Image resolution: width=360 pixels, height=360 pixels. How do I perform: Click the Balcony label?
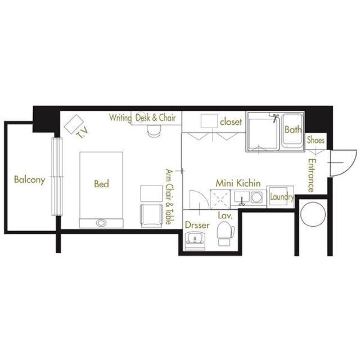pyautogui.click(x=29, y=179)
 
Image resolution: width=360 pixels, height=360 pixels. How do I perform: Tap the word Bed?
pyautogui.click(x=101, y=184)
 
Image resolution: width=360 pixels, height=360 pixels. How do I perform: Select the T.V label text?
pyautogui.click(x=82, y=133)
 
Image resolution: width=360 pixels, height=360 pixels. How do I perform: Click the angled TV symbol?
pyautogui.click(x=74, y=124)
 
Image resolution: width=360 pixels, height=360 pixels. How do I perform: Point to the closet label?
pyautogui.click(x=231, y=121)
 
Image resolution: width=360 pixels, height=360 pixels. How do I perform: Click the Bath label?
pyautogui.click(x=293, y=130)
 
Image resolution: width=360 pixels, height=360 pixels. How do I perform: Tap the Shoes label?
pyautogui.click(x=316, y=140)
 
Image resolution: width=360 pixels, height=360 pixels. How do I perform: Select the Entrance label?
pyautogui.click(x=311, y=175)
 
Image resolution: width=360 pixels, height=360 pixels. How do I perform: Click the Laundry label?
pyautogui.click(x=282, y=197)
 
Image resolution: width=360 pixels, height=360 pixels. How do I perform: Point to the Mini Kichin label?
pyautogui.click(x=238, y=183)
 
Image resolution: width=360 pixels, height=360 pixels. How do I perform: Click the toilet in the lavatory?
pyautogui.click(x=226, y=233)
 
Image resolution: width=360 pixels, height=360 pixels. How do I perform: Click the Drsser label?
pyautogui.click(x=197, y=225)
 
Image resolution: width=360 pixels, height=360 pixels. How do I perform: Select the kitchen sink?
pyautogui.click(x=241, y=198)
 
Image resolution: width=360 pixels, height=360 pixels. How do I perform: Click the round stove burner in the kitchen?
pyautogui.click(x=256, y=197)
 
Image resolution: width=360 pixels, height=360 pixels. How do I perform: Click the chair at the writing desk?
pyautogui.click(x=154, y=131)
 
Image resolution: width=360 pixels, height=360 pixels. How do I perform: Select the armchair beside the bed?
pyautogui.click(x=152, y=216)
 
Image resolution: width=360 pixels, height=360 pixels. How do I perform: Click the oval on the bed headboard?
pyautogui.click(x=101, y=223)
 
